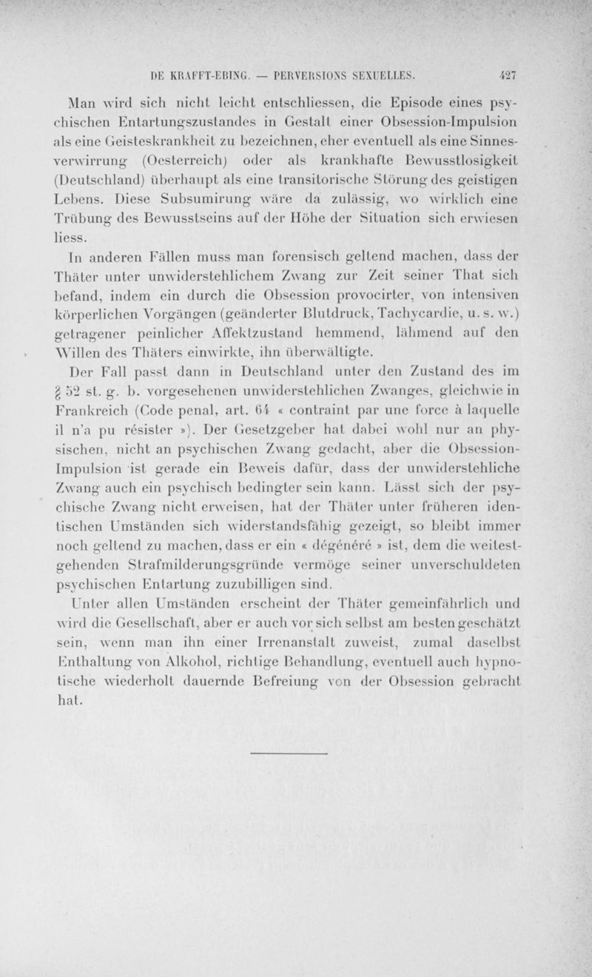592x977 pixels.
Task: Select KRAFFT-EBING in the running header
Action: pos(213,75)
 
